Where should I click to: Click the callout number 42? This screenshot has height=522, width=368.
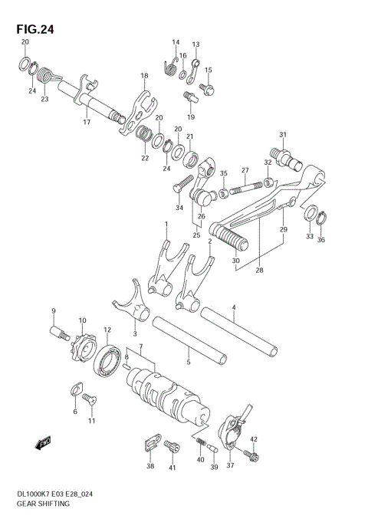[254, 439]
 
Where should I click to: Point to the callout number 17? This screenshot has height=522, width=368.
[87, 122]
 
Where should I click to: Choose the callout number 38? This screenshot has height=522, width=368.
[150, 466]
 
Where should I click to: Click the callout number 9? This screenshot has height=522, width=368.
[54, 310]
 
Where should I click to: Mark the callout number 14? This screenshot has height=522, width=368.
[176, 42]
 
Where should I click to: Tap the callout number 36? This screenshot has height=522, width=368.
[321, 240]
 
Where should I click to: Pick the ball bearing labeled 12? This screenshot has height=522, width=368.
[107, 359]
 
